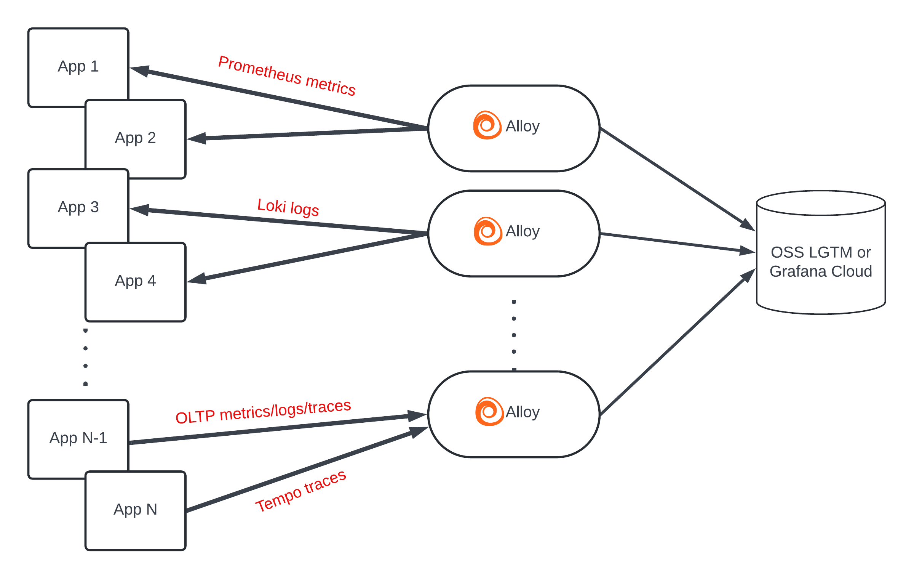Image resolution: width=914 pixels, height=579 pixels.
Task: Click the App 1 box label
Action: point(78,67)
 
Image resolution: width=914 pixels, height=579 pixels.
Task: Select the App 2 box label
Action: point(135,138)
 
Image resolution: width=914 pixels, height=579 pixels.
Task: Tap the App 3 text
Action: point(78,207)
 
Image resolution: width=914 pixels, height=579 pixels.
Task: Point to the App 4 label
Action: point(135,281)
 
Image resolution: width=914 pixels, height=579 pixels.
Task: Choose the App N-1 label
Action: point(78,438)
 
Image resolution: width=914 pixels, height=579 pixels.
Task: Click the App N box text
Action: point(135,510)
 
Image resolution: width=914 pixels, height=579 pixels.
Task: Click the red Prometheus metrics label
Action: point(287,75)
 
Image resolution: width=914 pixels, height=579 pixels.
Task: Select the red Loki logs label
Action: point(288,207)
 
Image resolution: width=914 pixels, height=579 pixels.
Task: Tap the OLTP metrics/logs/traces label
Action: point(263,412)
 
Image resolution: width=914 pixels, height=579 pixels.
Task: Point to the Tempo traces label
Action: point(301,491)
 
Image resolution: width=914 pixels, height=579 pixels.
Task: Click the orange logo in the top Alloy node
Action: point(487,125)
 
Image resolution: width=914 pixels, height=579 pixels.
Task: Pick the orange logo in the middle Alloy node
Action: point(487,231)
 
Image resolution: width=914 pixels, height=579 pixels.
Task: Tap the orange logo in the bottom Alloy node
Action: point(489,412)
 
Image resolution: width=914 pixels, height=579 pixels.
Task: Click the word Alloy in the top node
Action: point(523,126)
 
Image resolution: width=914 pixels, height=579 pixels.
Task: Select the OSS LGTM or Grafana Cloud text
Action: point(821,262)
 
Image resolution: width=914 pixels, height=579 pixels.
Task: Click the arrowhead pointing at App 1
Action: point(139,71)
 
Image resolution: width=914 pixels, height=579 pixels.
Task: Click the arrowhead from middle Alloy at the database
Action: point(746,250)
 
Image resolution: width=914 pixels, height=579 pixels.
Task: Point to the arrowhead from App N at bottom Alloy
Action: point(419,432)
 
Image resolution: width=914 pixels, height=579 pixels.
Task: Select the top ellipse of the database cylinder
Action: point(821,203)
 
